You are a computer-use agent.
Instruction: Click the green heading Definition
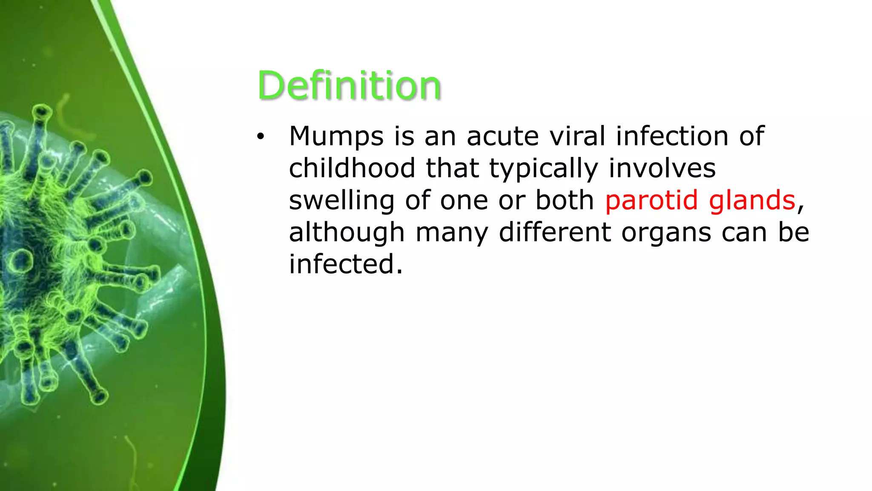(349, 86)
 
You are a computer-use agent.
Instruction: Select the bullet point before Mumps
(261, 137)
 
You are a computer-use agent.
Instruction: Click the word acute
(502, 136)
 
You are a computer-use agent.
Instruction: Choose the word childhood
(352, 168)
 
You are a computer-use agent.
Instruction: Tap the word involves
(662, 168)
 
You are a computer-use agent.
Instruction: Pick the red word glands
(752, 200)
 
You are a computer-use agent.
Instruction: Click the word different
(554, 232)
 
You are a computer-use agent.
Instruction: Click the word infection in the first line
(672, 136)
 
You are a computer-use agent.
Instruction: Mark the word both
(564, 200)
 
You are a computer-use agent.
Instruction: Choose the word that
(452, 168)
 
